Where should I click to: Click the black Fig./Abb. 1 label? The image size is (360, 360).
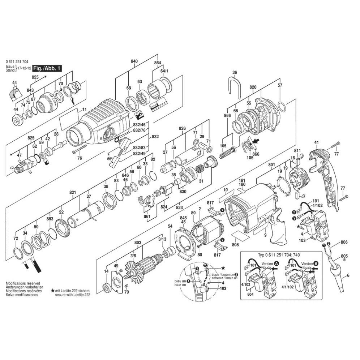point(47,68)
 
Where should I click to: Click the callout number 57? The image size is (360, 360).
point(279,85)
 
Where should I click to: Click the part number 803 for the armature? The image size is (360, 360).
point(138,233)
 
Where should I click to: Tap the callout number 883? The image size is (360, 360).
point(50,219)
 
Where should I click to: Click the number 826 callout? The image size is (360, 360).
point(182,128)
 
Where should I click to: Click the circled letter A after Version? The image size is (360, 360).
point(277,264)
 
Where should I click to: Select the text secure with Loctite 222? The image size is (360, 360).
point(73,295)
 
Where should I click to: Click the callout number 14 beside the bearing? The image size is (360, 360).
point(106,271)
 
